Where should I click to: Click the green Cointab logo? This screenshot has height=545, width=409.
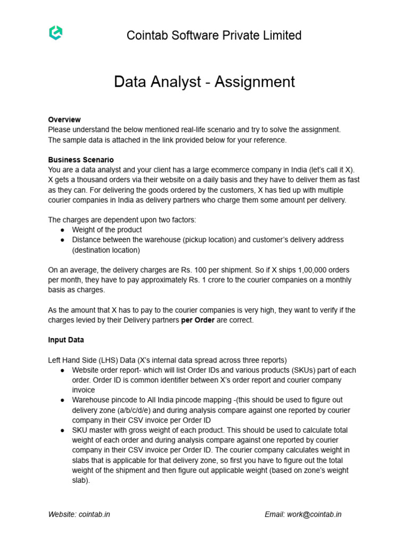(x=55, y=34)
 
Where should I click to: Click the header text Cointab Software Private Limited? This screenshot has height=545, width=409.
(x=214, y=35)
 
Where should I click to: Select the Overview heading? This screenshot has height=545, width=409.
(x=64, y=119)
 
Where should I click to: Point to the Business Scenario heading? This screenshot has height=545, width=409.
(x=81, y=160)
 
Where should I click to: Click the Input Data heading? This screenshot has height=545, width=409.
(x=66, y=340)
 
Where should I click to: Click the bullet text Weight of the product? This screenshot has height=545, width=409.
(x=107, y=229)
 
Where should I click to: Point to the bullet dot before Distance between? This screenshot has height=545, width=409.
(x=63, y=240)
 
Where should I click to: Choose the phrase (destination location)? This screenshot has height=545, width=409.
(x=106, y=250)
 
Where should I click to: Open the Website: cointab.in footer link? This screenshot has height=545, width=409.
(x=79, y=514)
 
